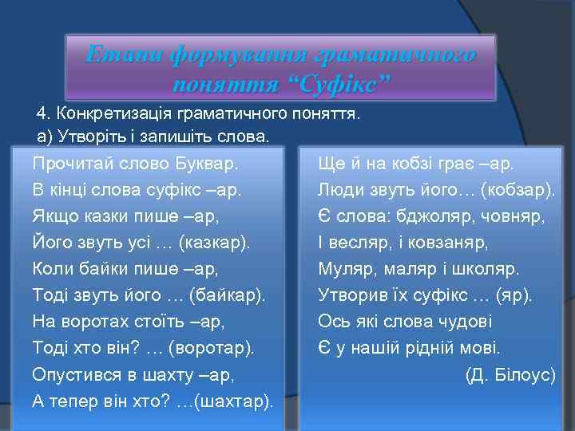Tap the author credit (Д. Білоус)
click(510, 374)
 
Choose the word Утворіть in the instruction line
click(85, 136)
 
